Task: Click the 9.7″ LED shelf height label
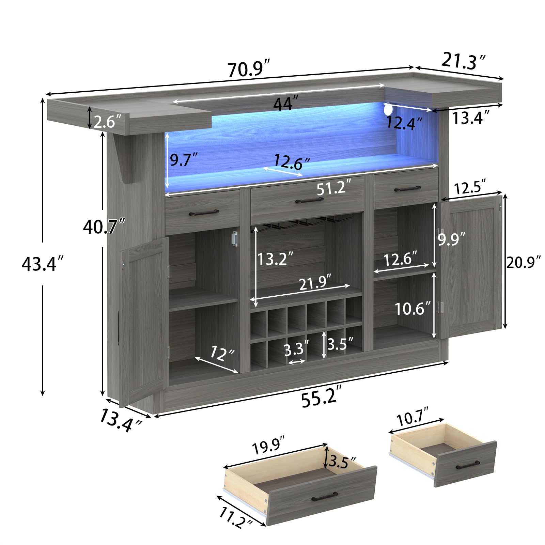(x=184, y=159)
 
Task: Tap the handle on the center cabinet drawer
(x=309, y=200)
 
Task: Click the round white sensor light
(x=388, y=109)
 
